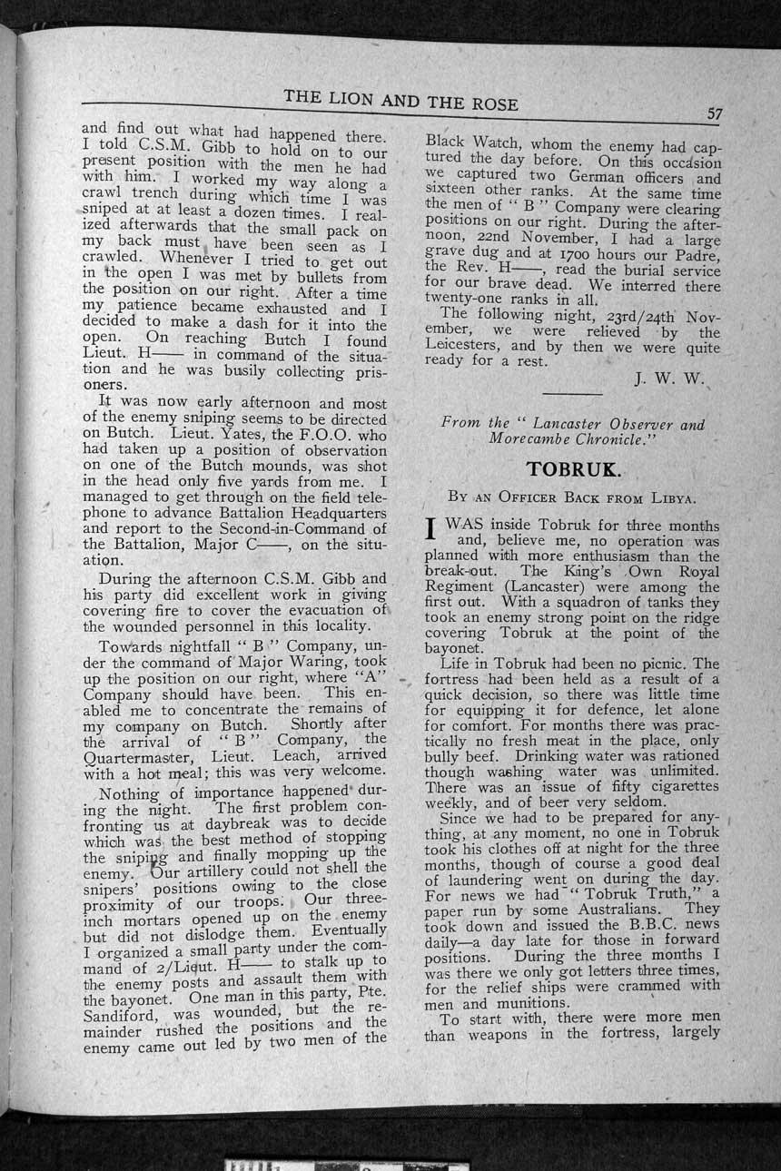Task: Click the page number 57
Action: [715, 114]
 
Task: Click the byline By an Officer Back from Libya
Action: [572, 497]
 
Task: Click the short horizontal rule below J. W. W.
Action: [571, 394]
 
